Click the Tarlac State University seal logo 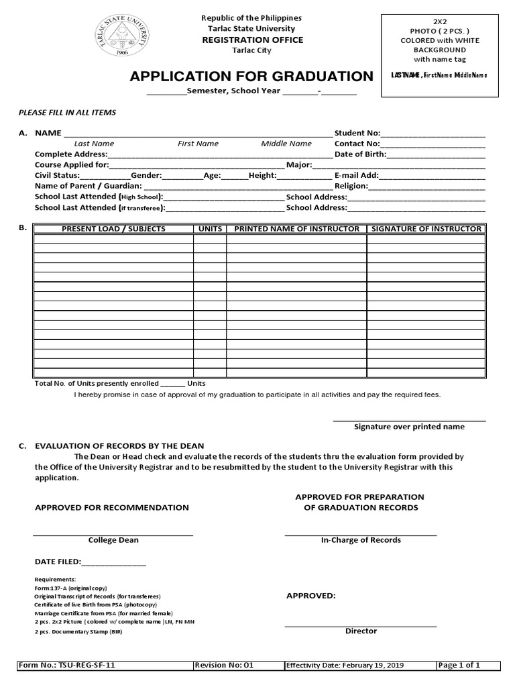point(122,37)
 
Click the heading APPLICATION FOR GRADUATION point(251,76)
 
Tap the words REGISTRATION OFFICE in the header point(253,40)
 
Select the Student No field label point(357,133)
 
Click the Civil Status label point(57,175)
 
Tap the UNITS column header point(210,229)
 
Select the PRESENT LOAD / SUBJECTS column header point(113,229)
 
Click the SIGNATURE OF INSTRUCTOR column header point(426,229)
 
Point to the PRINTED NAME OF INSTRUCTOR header point(296,229)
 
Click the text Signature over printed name point(409,427)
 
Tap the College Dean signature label point(113,540)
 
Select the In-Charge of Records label point(361,540)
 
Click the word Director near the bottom point(361,631)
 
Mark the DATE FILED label point(58,562)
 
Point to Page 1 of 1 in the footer point(459,666)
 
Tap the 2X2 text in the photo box point(439,21)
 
